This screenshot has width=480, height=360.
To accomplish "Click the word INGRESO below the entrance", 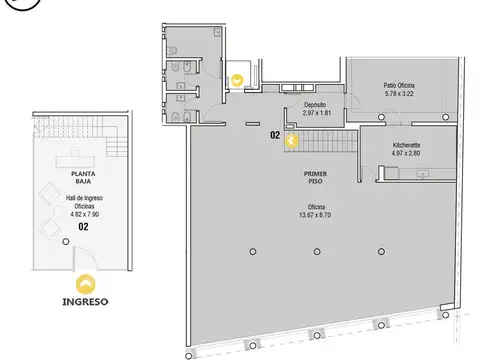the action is (85, 302).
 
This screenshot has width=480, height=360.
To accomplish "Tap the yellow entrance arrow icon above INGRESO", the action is (86, 284).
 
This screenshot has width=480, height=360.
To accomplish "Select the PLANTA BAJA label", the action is (83, 177).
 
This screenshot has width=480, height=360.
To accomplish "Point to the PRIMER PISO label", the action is (315, 177).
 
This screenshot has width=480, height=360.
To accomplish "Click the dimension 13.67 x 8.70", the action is (315, 215).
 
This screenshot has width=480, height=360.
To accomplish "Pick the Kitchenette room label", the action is (406, 145).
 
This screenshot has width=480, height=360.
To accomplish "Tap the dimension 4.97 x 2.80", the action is (406, 153).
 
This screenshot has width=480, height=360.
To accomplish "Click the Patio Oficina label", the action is (399, 86).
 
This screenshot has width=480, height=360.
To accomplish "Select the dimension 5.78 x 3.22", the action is (399, 94).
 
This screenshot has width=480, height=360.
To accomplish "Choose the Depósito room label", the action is (315, 105).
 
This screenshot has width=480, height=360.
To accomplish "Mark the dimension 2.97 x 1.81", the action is (317, 113).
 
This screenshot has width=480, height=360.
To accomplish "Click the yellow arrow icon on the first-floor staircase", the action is (291, 141).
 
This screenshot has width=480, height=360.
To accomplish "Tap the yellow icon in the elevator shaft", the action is (237, 80).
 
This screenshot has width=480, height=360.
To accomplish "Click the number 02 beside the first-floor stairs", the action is (275, 135).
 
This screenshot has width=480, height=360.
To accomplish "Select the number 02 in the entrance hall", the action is (83, 227).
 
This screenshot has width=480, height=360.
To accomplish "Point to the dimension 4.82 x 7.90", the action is (85, 214).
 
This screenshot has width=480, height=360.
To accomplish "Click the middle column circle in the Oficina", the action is (317, 252).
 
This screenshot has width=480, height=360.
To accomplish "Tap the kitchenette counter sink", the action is (423, 174).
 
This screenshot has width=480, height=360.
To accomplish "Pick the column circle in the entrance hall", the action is (66, 242).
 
